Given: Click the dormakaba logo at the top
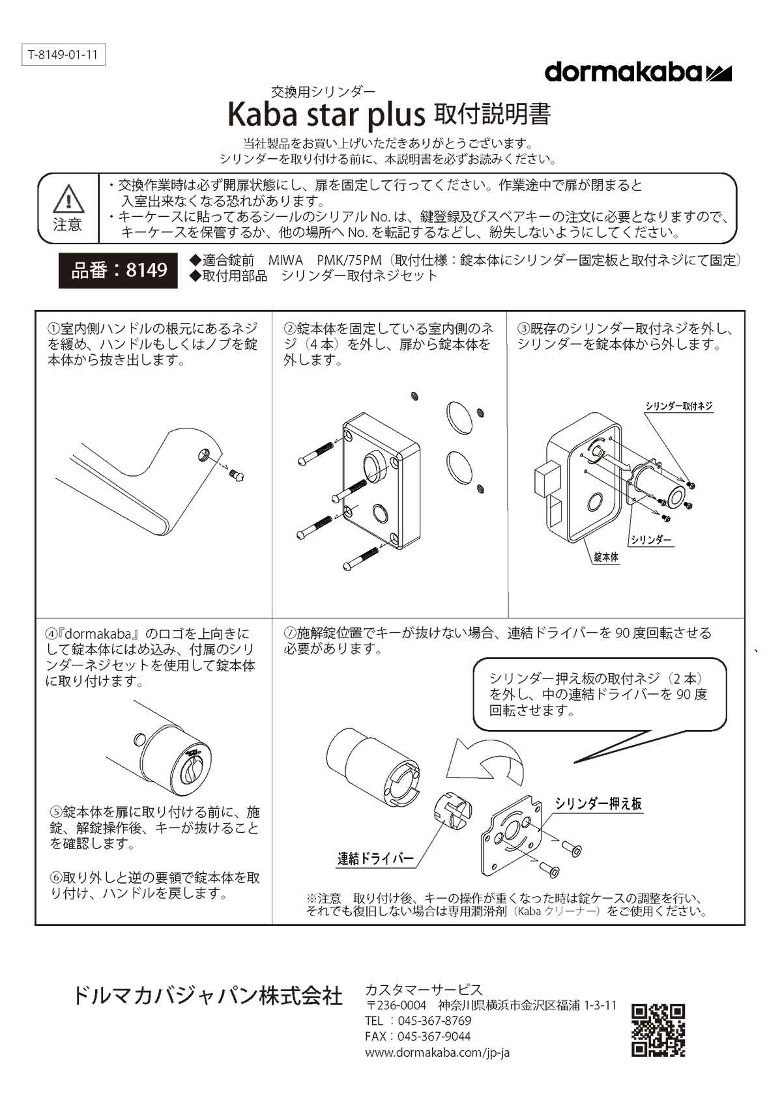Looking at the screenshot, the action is point(638,72).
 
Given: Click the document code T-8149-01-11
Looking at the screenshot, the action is point(63,55).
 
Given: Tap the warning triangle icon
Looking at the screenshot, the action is point(68,199).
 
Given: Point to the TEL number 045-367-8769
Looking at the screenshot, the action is point(435,1020).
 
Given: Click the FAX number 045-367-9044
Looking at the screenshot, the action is point(434,1036).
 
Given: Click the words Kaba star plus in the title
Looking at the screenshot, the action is point(326,115).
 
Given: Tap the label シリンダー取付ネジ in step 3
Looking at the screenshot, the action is point(679,406).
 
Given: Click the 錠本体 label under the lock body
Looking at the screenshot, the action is point(606,557).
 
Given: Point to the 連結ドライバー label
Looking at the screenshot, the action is point(375,858).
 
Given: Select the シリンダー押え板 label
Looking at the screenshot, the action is point(598,804).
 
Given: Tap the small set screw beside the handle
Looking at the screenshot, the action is point(237,475).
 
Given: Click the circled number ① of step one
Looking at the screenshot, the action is point(53,329).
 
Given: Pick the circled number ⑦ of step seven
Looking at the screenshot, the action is point(290,633).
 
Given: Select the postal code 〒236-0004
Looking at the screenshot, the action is point(396,1005).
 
